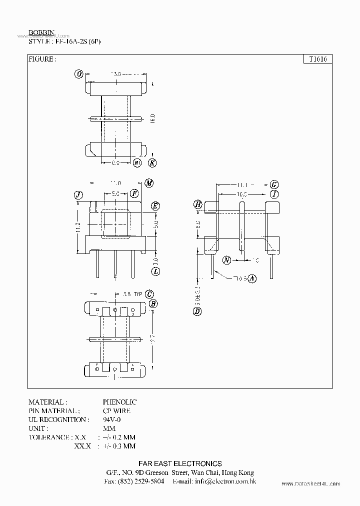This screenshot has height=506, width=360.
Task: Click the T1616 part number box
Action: coord(318,59)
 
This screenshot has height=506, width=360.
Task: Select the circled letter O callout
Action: coord(78,74)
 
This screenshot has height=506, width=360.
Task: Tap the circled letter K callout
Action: coord(152,162)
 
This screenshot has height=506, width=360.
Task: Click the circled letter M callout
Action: coord(148,183)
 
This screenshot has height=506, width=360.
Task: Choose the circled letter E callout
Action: coord(155,206)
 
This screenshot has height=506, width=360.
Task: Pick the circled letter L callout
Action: coord(155,271)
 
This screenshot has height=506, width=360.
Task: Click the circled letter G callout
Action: coord(274,184)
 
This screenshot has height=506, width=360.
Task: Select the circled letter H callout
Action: coord(198,204)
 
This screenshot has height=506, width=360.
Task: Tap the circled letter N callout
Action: coord(227,260)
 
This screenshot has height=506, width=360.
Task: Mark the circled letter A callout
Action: coord(252,279)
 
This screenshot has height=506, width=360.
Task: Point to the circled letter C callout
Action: coord(149,294)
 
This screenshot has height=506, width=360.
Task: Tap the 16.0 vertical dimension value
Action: coord(153,118)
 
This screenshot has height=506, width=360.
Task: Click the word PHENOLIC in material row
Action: coord(119,402)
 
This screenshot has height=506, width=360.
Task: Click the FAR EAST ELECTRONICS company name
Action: coord(179,463)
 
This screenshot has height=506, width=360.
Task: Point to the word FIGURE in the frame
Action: coord(42,59)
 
